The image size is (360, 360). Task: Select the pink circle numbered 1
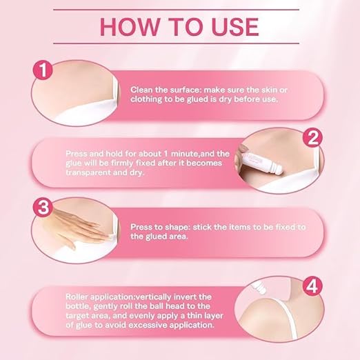pyautogui.click(x=43, y=70)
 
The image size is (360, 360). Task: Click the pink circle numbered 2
pyautogui.click(x=312, y=138)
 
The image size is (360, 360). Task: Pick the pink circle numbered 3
pyautogui.click(x=43, y=207)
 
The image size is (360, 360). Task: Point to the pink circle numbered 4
pyautogui.click(x=312, y=286)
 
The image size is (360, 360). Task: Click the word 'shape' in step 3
pyautogui.click(x=178, y=228)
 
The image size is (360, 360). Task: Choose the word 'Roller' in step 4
pyautogui.click(x=77, y=297)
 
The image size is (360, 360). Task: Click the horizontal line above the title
pyautogui.click(x=177, y=10)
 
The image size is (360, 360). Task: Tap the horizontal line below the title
pyautogui.click(x=177, y=43)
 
